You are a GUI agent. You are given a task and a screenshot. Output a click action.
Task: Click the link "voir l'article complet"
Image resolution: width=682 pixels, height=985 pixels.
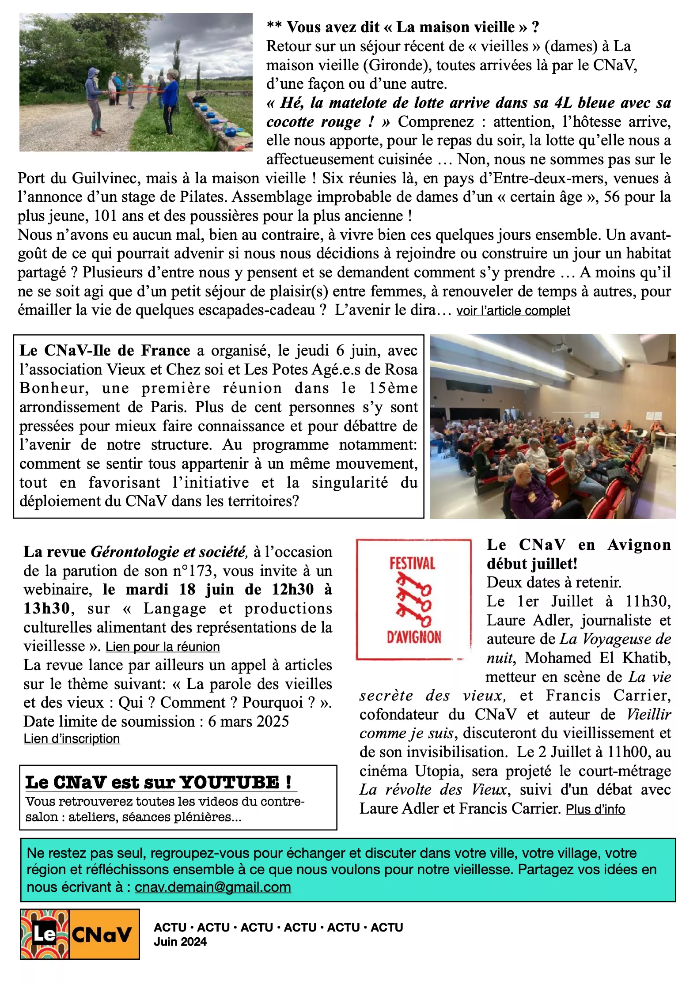coord(513,311)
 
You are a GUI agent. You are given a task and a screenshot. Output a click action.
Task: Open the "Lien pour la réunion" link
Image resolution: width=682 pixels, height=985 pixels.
coord(163,647)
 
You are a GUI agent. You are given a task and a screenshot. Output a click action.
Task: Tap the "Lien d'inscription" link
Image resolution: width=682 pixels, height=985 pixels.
coord(72,739)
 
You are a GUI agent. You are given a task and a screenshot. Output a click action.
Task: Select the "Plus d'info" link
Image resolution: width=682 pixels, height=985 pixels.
coord(595,809)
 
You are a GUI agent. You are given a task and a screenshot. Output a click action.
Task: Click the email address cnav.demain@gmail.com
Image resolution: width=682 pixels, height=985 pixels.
coord(212,887)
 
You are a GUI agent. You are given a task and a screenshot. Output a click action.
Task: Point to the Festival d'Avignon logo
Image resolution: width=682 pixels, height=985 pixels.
coord(413,599)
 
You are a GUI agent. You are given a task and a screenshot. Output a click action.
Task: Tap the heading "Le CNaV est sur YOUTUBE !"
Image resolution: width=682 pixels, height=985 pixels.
coord(158,782)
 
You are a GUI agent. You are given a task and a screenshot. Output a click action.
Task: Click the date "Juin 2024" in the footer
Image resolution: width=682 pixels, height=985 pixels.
coord(180,942)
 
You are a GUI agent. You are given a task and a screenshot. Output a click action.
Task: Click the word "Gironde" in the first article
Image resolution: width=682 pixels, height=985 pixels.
coord(395,65)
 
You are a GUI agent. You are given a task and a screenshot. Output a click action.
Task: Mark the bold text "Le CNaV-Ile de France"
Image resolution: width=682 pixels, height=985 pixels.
coord(105,350)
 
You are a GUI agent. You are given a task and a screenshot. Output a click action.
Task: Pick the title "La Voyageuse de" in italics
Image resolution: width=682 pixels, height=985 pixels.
coord(615,639)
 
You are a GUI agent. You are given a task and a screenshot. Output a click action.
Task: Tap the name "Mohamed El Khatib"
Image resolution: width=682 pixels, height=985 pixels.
coord(598,658)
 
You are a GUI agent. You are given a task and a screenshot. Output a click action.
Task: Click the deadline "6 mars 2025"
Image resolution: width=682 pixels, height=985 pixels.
coord(248,721)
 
